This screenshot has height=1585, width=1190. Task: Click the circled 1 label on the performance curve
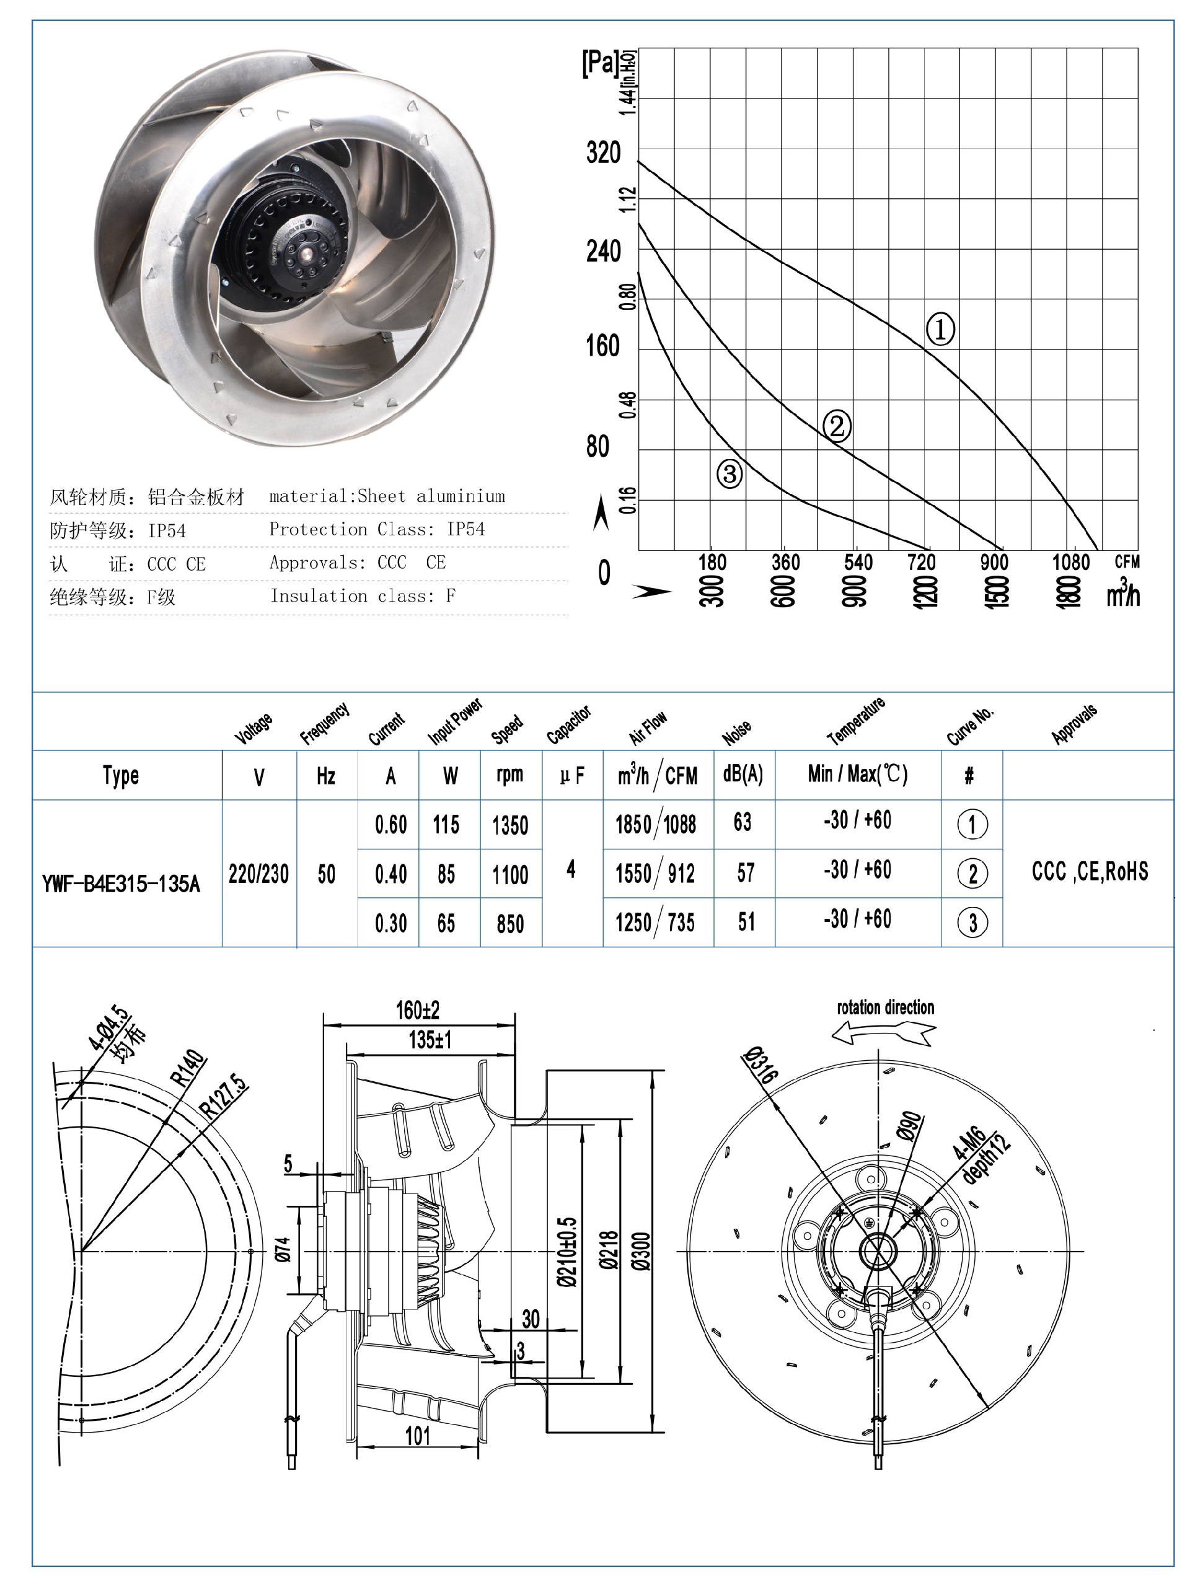click(940, 329)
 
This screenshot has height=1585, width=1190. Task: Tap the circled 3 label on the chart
click(729, 473)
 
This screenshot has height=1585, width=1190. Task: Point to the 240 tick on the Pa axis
click(602, 252)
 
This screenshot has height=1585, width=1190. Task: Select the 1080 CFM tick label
click(1070, 563)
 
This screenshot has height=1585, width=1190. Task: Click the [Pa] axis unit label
click(599, 63)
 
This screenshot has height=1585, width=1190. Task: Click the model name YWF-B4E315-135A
click(120, 884)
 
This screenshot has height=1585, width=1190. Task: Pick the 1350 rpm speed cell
click(509, 825)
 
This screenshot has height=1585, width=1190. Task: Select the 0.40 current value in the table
click(390, 874)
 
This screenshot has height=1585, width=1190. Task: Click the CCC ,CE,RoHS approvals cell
click(1089, 871)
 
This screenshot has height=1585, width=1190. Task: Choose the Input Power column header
click(454, 722)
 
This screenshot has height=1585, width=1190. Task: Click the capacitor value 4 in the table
click(571, 870)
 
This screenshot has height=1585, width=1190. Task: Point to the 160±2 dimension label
click(417, 1011)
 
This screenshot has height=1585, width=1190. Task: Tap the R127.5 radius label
click(224, 1096)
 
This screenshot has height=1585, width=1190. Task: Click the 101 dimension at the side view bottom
click(417, 1436)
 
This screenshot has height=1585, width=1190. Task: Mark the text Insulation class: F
click(363, 596)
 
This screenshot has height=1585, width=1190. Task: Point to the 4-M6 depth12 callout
click(981, 1157)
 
